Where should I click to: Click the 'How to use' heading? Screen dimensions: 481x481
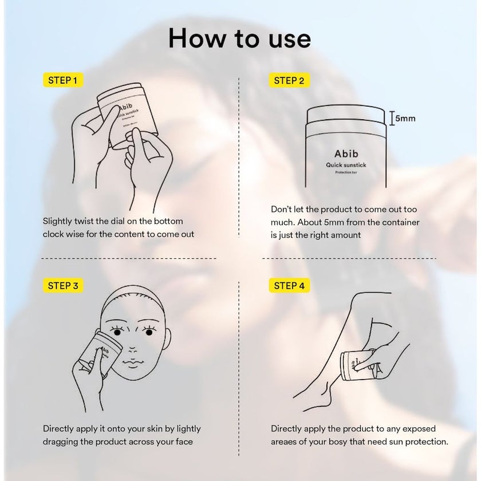pyautogui.click(x=239, y=38)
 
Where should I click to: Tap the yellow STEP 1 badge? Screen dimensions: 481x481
pyautogui.click(x=63, y=80)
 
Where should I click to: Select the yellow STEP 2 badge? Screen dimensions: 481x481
pyautogui.click(x=289, y=80)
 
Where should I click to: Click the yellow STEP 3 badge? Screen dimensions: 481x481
pyautogui.click(x=63, y=286)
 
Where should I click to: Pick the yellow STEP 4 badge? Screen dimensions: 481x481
pyautogui.click(x=289, y=286)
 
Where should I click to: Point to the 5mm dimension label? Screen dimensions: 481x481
pyautogui.click(x=405, y=119)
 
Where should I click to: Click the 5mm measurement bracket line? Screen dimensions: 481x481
pyautogui.click(x=392, y=119)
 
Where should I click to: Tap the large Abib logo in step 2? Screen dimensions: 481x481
pyautogui.click(x=346, y=153)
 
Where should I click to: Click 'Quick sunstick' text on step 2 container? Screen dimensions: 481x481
pyautogui.click(x=346, y=165)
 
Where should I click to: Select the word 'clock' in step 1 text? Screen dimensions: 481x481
pyautogui.click(x=52, y=234)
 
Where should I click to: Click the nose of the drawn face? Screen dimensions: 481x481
pyautogui.click(x=132, y=350)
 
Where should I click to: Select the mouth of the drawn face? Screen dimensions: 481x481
pyautogui.click(x=132, y=364)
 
